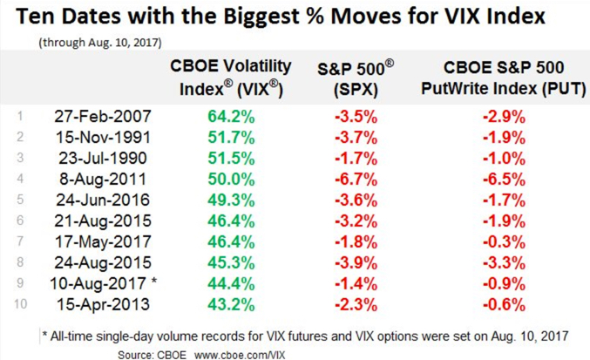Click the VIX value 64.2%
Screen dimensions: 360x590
pos(231,115)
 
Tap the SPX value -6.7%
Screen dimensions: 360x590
pos(356,179)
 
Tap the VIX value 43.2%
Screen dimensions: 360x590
pos(231,305)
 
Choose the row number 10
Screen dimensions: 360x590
pos(20,305)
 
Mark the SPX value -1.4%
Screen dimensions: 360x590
pos(356,284)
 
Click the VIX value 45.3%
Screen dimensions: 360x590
pos(231,263)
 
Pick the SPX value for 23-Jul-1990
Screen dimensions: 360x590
pos(356,158)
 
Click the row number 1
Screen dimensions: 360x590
pos(20,115)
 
